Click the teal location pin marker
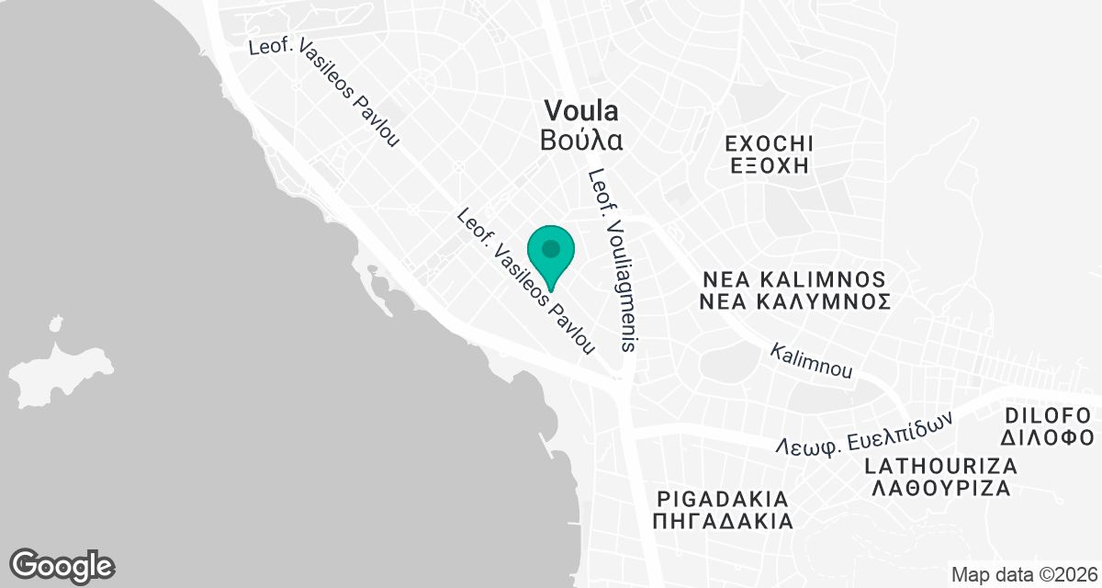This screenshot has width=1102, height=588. pyautogui.click(x=551, y=253)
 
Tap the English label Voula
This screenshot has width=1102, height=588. pyautogui.click(x=580, y=111)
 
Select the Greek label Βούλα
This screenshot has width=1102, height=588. pyautogui.click(x=581, y=141)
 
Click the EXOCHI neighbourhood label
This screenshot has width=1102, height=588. pyautogui.click(x=769, y=144)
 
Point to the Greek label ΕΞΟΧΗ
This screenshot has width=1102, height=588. pyautogui.click(x=769, y=166)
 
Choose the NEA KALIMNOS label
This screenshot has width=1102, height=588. pyautogui.click(x=793, y=278)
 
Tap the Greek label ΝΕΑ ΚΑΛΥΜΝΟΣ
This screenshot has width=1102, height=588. pyautogui.click(x=793, y=301)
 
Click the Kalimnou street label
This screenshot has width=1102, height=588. pyautogui.click(x=811, y=362)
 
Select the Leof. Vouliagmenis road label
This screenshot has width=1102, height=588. pyautogui.click(x=613, y=260)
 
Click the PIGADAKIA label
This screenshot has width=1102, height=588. pyautogui.click(x=723, y=500)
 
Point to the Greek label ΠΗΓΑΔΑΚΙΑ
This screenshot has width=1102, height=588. pyautogui.click(x=723, y=522)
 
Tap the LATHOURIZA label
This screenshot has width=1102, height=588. pyautogui.click(x=940, y=466)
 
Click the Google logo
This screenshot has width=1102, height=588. pyautogui.click(x=62, y=564)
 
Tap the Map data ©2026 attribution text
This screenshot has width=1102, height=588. pyautogui.click(x=1022, y=575)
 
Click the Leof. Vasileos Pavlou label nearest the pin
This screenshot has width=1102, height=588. pyautogui.click(x=526, y=282)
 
